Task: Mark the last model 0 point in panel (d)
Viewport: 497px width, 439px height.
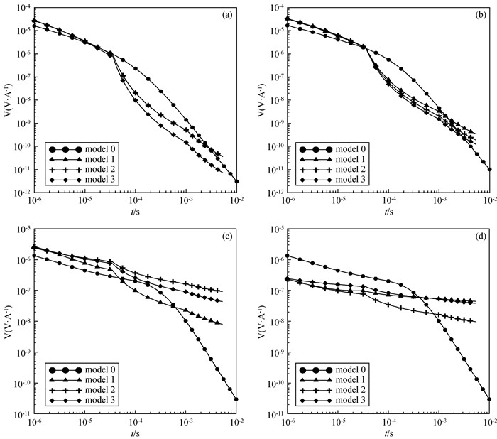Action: (489, 399)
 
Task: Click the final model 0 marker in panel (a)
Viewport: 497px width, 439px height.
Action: (236, 181)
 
